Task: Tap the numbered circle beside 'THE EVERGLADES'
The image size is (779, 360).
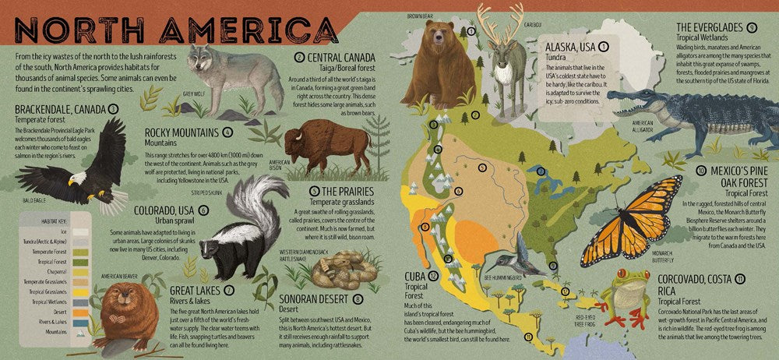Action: pos(752,27)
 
